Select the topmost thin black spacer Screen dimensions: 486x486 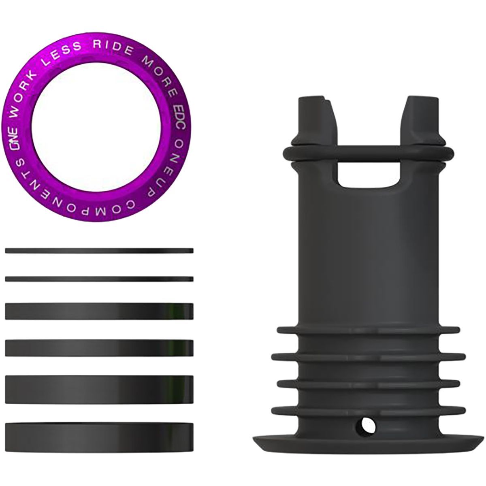pyautogui.click(x=99, y=251)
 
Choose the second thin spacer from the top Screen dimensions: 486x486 pyautogui.click(x=99, y=279)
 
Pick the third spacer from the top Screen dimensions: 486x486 pyautogui.click(x=99, y=311)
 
